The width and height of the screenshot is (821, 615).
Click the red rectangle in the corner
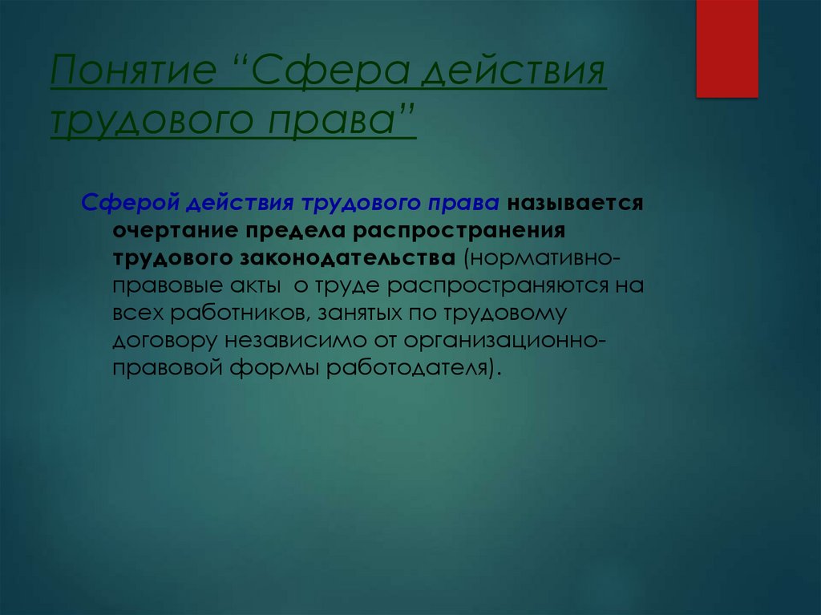point(726,48)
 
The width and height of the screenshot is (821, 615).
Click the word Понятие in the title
point(133,75)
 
